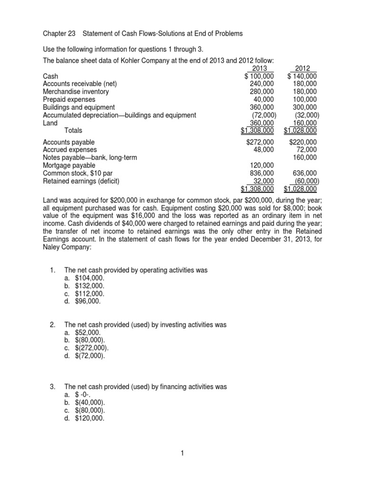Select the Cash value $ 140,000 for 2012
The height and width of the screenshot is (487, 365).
tap(303, 76)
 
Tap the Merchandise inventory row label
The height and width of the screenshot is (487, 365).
tap(76, 91)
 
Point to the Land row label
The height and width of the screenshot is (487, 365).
tap(50, 122)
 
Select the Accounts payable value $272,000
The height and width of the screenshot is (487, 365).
tap(260, 142)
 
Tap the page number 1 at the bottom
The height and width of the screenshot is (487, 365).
tap(182, 453)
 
